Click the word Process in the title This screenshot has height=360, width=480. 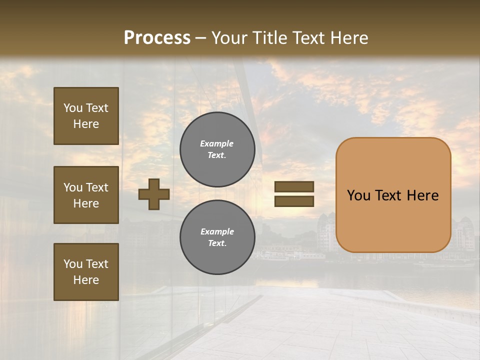pos(157,38)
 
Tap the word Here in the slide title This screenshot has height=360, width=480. pos(348,38)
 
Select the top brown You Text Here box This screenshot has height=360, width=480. pos(86,116)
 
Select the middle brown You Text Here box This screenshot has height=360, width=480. pos(86,195)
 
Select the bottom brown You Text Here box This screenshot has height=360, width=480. pos(86,272)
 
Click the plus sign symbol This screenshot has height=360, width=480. pos(154,194)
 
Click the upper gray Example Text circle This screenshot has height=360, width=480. pos(217,149)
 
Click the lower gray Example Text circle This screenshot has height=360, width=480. pos(217,237)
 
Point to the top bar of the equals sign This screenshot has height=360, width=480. pos(294,187)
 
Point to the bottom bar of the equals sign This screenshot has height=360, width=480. pos(294,201)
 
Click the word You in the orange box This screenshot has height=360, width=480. pos(358,195)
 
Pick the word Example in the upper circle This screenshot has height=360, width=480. pos(217,143)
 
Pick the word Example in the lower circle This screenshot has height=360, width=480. pos(217,231)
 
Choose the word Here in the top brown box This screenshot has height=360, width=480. pos(86,124)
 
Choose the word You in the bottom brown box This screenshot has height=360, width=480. pos(73,264)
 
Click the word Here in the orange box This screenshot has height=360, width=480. pos(423,195)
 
